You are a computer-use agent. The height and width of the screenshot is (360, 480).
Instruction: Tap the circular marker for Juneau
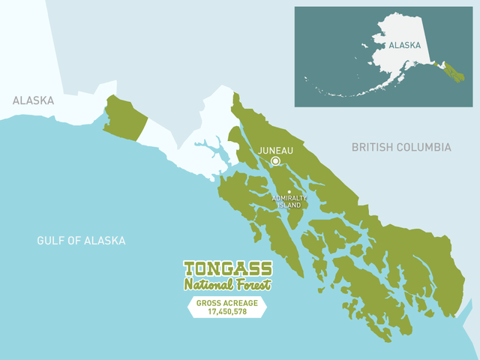point(275,161)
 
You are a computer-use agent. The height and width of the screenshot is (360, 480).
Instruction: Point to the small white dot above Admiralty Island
point(289,191)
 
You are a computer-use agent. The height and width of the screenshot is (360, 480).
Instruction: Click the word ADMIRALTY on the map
point(289,198)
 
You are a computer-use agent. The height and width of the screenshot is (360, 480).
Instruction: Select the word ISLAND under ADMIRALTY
point(289,205)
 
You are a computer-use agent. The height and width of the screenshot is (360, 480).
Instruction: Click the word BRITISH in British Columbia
point(373,147)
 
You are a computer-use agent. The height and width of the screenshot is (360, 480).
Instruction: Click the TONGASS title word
point(228,269)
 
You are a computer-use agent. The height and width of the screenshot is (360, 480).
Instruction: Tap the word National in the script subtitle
point(210,284)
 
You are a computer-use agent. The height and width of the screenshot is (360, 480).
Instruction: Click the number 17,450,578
point(227,311)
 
